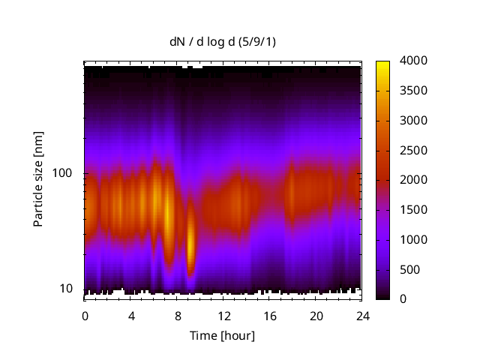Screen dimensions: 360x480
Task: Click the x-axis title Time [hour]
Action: [x=221, y=335]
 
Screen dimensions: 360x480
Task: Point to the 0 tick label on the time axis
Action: [x=85, y=316]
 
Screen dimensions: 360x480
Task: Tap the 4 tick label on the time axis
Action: [x=131, y=316]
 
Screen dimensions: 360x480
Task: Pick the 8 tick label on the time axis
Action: [x=178, y=316]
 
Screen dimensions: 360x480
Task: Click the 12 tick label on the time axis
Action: [x=223, y=316]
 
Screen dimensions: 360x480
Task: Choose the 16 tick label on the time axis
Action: [x=270, y=316]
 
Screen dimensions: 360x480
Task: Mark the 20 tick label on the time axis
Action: [x=316, y=316]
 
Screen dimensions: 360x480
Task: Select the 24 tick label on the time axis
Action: [x=362, y=316]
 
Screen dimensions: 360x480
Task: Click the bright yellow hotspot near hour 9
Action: [x=190, y=241]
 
